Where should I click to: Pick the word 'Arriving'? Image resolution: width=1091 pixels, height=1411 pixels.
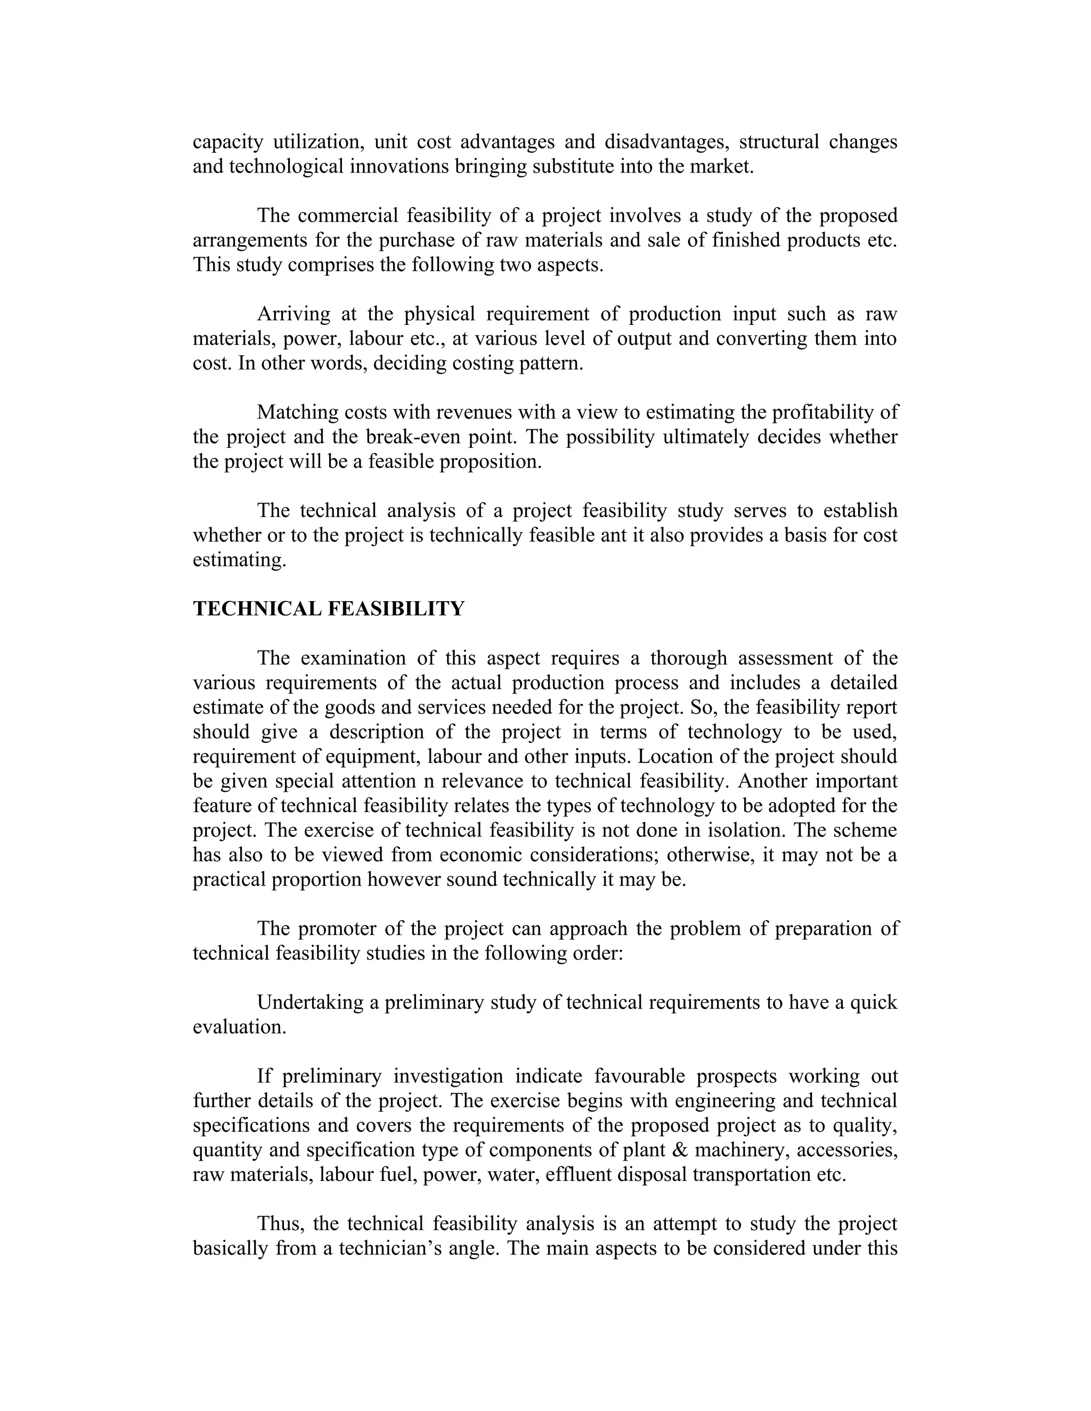(x=294, y=314)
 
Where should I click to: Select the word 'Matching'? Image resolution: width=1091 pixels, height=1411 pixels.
(x=298, y=412)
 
